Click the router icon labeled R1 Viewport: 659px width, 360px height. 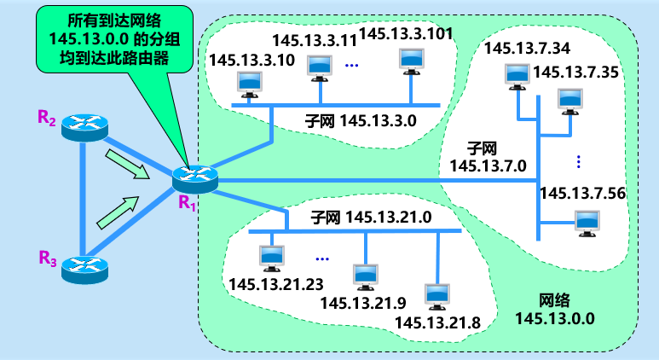click(189, 178)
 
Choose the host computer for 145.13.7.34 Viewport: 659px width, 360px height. click(517, 74)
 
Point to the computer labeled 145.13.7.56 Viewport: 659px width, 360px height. click(587, 222)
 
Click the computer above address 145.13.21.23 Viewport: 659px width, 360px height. click(270, 255)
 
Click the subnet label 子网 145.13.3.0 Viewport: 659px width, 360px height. click(361, 120)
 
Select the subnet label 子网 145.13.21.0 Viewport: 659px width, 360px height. click(371, 218)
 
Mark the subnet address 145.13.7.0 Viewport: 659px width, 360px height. click(488, 165)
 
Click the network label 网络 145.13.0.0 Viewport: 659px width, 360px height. click(554, 311)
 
